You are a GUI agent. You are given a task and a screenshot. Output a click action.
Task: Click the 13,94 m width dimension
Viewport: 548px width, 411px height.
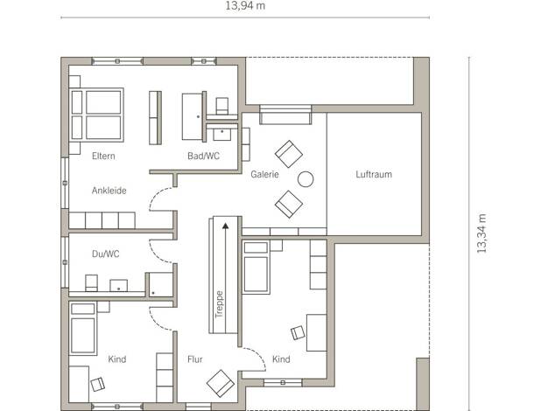click(x=245, y=6)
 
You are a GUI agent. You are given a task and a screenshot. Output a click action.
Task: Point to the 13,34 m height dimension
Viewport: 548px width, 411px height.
click(x=481, y=233)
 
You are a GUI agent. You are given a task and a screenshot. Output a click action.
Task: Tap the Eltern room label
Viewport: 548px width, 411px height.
click(x=103, y=156)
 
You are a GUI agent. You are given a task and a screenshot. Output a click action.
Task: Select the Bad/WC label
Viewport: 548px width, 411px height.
click(x=203, y=156)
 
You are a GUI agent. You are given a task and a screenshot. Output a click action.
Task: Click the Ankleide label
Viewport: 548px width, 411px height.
click(x=109, y=191)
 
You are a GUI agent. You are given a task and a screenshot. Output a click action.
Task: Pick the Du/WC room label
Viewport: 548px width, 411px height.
click(x=106, y=254)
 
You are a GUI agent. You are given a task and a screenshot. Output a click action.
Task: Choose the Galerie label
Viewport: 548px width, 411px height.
click(x=264, y=174)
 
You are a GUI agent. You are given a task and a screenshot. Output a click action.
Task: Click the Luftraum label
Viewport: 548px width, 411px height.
click(x=374, y=174)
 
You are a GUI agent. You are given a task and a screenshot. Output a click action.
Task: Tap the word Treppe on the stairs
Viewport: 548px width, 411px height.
click(x=219, y=304)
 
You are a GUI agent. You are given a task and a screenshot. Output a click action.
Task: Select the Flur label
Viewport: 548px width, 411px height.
click(x=194, y=359)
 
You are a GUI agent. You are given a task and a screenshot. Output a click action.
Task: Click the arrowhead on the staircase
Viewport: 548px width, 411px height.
click(x=226, y=226)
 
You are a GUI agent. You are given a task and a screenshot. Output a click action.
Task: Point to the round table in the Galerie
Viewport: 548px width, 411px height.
click(x=306, y=178)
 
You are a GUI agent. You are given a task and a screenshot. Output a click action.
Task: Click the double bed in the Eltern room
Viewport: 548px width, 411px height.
click(x=97, y=115)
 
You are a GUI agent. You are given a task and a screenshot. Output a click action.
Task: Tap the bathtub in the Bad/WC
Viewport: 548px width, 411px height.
click(x=192, y=116)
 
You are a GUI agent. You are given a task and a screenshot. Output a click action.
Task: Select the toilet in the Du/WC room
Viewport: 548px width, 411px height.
click(x=91, y=282)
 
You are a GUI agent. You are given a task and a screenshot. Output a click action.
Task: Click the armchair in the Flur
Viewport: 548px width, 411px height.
click(x=221, y=383)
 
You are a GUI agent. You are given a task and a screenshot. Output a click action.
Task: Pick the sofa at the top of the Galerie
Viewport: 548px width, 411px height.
click(x=285, y=115)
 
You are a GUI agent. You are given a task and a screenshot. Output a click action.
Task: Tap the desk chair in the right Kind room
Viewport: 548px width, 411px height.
click(x=298, y=333)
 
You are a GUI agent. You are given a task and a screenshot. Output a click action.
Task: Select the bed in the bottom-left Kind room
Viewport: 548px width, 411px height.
click(x=83, y=329)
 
